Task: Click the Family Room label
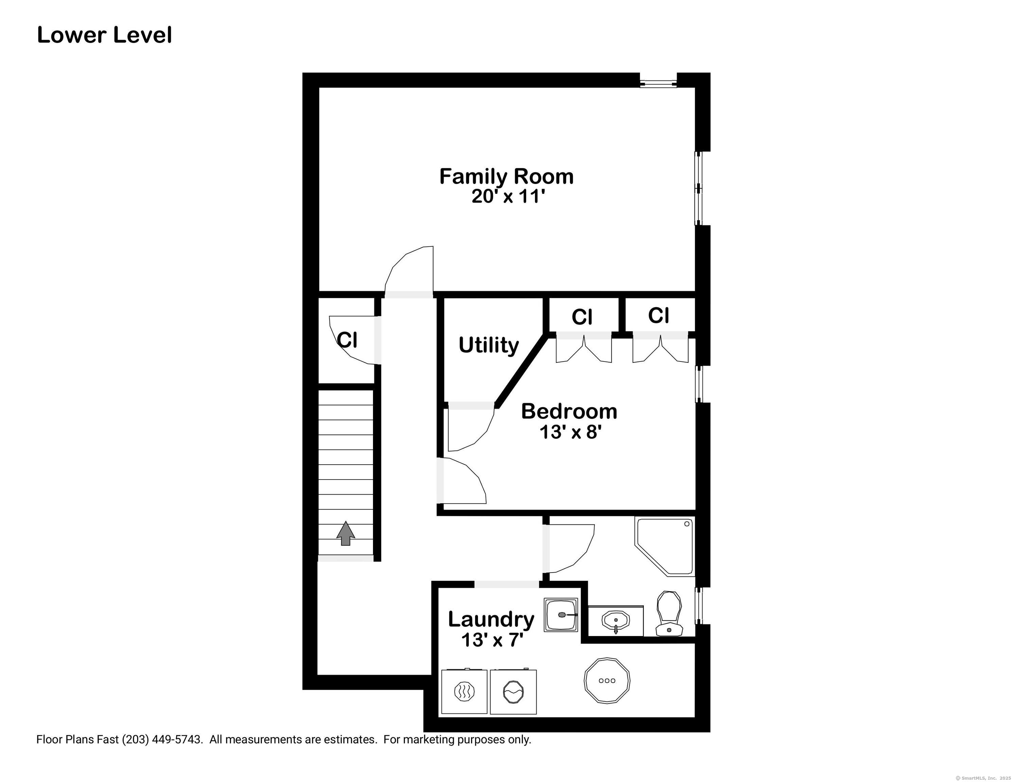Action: tap(506, 176)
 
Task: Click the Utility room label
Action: tap(489, 345)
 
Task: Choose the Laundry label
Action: tap(491, 620)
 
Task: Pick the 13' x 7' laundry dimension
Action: tap(492, 640)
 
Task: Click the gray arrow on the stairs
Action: tap(345, 533)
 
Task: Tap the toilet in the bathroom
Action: tap(669, 613)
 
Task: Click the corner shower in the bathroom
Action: tap(665, 547)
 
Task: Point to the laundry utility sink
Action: tap(561, 615)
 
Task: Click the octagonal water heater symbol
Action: tap(607, 681)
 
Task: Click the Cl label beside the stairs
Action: tap(348, 340)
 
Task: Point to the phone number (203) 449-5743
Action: tap(162, 739)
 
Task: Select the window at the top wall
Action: tap(658, 83)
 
